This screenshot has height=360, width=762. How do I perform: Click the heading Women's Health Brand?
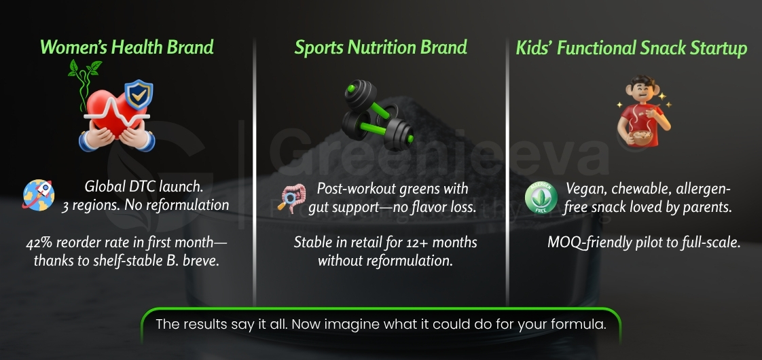pyautogui.click(x=127, y=47)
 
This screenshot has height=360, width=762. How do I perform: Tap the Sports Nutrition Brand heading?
pyautogui.click(x=380, y=47)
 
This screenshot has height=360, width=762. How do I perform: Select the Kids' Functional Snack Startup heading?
pyautogui.click(x=631, y=48)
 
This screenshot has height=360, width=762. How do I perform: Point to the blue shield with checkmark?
pyautogui.click(x=139, y=96)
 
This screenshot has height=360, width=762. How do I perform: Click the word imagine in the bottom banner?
pyautogui.click(x=342, y=324)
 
